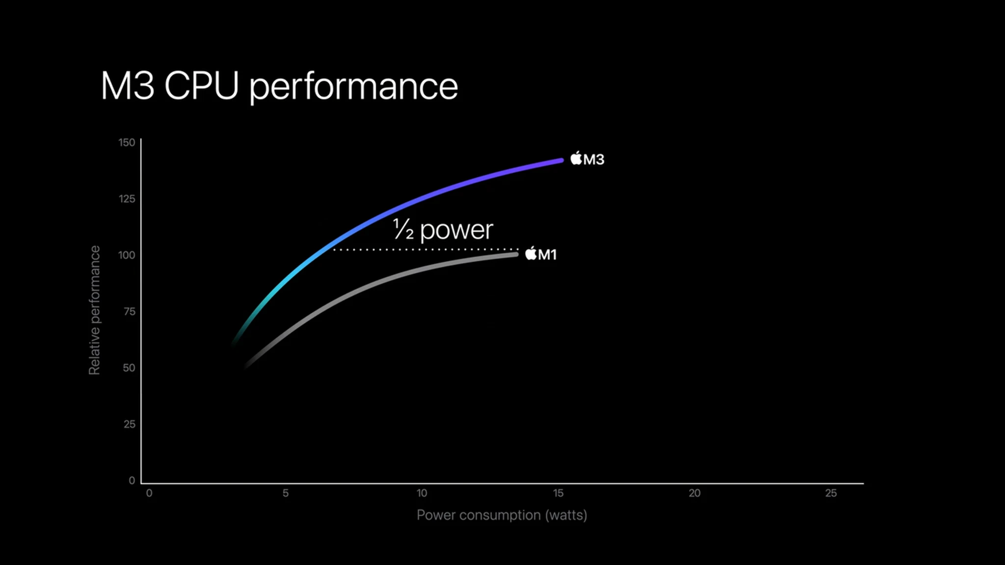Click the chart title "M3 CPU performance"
(x=279, y=86)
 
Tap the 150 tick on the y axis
(x=127, y=142)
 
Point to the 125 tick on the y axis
(x=127, y=199)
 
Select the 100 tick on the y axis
(x=127, y=255)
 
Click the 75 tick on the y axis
(x=130, y=312)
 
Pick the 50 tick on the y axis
(x=129, y=368)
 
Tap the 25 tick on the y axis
(x=130, y=424)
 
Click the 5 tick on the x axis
(x=286, y=493)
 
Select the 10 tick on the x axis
(x=422, y=493)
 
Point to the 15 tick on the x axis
(x=558, y=493)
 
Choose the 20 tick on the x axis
(x=694, y=493)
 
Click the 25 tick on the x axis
(x=831, y=493)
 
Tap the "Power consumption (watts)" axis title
(x=502, y=515)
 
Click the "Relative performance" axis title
(x=94, y=310)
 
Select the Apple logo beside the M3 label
(x=576, y=158)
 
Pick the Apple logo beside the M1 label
(x=531, y=253)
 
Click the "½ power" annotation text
(x=443, y=230)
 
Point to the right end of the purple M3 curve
(x=561, y=161)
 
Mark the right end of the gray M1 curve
(x=516, y=254)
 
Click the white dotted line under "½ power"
(x=426, y=250)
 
